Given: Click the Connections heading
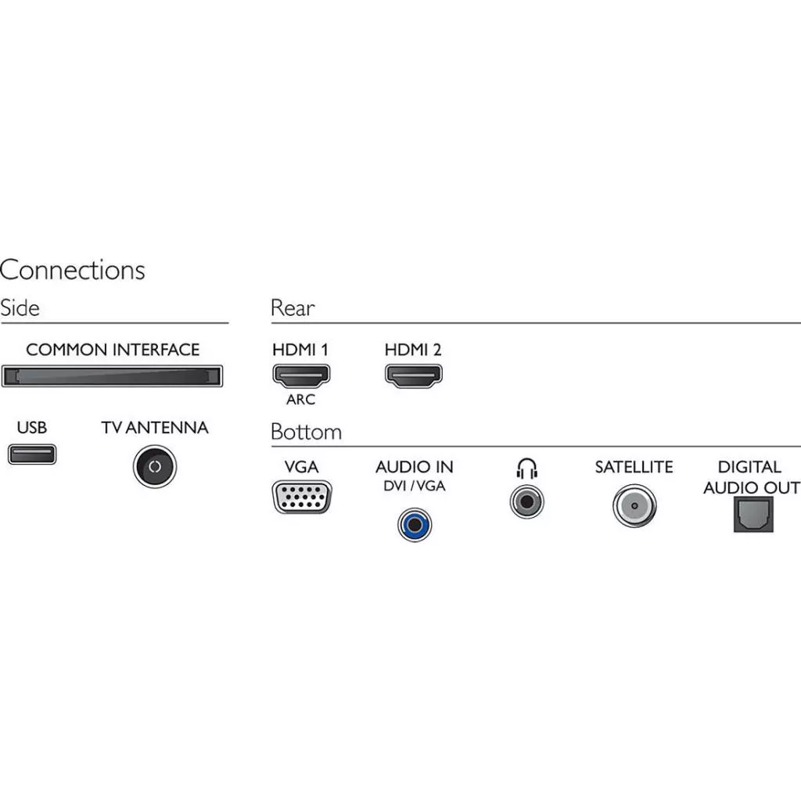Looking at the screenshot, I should [x=72, y=270].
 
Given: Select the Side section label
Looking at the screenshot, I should [x=20, y=307].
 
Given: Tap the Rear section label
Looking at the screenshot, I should [x=293, y=307].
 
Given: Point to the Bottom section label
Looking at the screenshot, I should [x=306, y=432].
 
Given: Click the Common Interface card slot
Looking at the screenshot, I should [x=112, y=376].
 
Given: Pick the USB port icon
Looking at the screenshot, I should [x=32, y=454].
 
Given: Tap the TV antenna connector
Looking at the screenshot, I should [x=155, y=466].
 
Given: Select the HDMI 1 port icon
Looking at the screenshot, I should [x=300, y=375].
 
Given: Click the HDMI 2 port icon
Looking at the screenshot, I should [x=413, y=375].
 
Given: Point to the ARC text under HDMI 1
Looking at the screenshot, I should [x=300, y=400].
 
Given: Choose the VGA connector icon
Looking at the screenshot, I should [x=301, y=497].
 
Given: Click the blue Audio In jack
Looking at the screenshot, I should [x=415, y=523].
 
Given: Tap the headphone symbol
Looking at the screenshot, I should [x=527, y=468].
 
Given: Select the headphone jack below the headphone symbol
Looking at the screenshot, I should [x=527, y=501].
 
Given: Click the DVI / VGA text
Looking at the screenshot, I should [x=415, y=486].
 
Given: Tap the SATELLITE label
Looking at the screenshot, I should [x=634, y=467].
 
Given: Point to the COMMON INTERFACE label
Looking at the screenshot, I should [x=113, y=350].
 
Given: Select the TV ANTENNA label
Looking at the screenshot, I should [x=155, y=428].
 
